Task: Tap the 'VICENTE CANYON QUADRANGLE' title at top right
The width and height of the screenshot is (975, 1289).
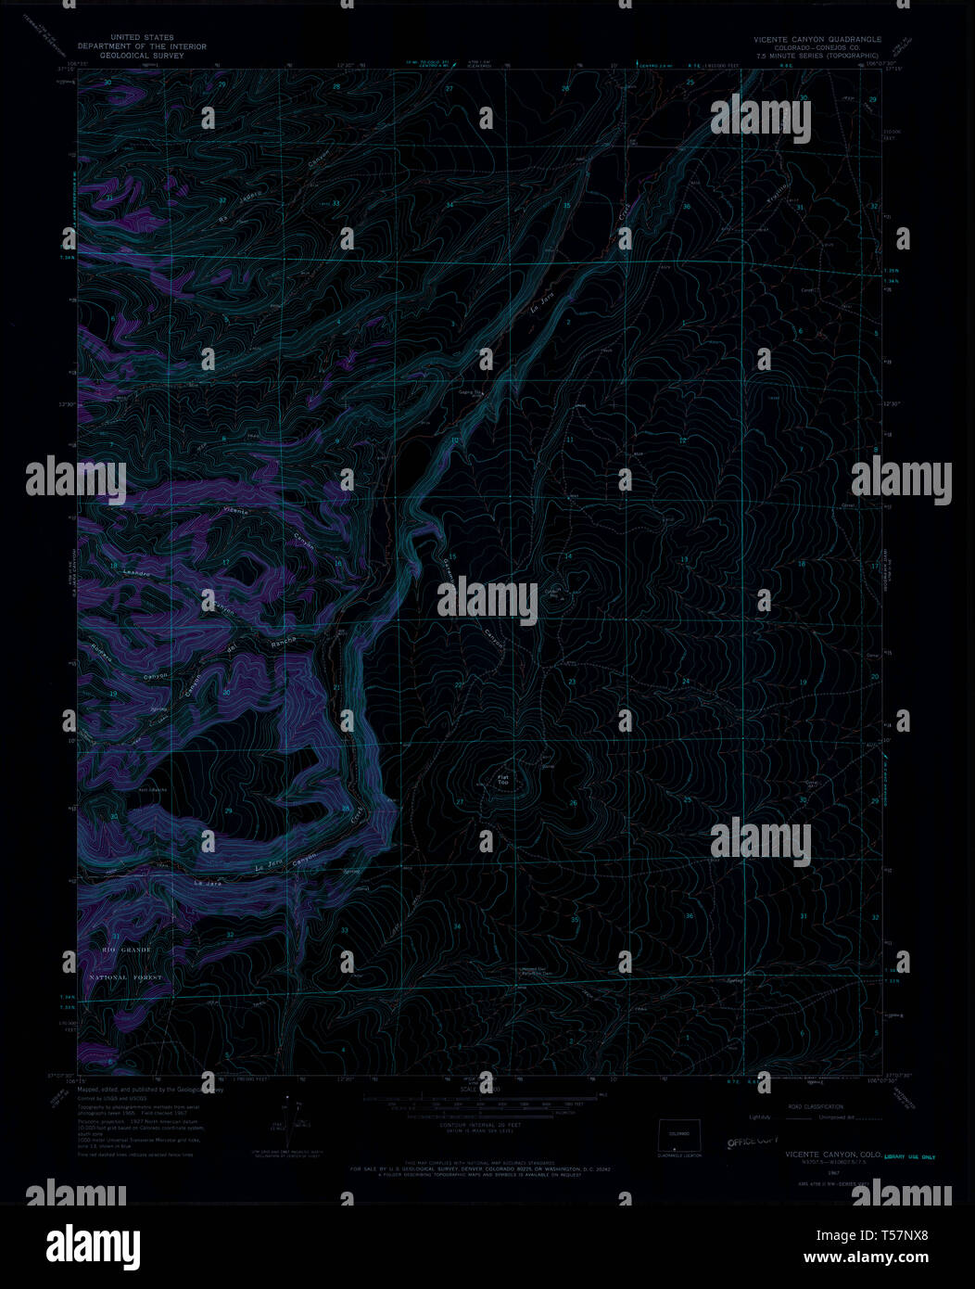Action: click(817, 40)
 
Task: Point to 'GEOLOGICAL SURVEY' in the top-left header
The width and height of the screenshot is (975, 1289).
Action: click(142, 55)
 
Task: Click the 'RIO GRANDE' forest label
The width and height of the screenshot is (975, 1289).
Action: click(125, 951)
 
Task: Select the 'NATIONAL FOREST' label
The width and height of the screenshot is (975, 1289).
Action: click(125, 977)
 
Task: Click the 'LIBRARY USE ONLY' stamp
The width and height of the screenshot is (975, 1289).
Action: click(909, 1156)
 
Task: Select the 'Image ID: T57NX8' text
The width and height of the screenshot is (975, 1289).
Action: click(885, 1235)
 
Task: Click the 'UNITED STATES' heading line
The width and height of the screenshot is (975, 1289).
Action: click(142, 38)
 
